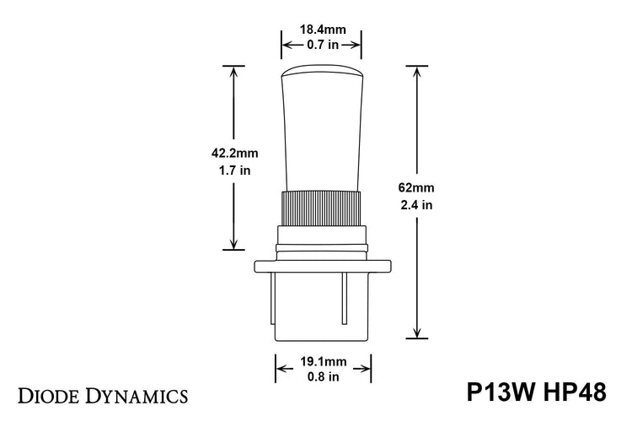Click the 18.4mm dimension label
tap(320, 28)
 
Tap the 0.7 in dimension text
tap(320, 44)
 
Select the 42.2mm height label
tap(233, 154)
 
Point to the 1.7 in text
tap(233, 170)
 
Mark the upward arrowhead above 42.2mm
tap(233, 73)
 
